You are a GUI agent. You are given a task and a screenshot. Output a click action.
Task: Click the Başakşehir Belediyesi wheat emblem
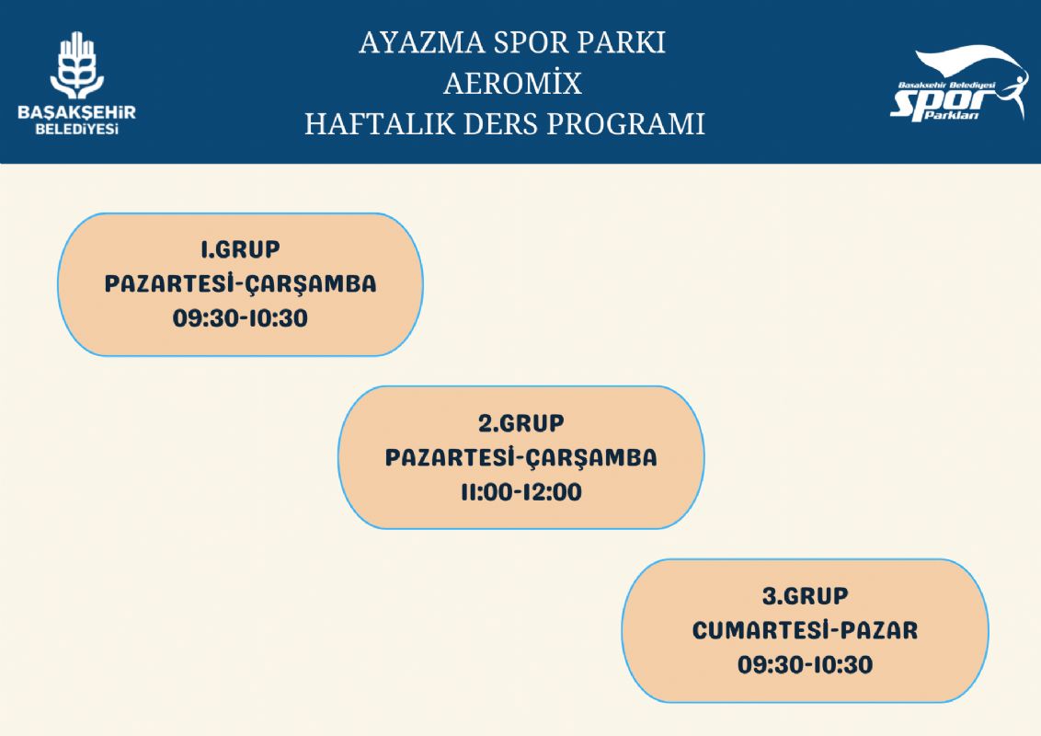coord(77,65)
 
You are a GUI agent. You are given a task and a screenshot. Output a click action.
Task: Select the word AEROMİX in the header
coord(512,84)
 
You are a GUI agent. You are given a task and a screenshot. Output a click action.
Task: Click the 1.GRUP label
coord(240,249)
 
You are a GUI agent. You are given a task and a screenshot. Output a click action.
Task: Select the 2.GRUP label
coord(521,423)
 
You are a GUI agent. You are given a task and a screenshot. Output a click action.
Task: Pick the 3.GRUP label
coord(805,596)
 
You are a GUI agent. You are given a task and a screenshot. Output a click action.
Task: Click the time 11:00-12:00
coord(521,492)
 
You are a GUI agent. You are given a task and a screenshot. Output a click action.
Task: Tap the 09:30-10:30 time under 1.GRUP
coord(240,318)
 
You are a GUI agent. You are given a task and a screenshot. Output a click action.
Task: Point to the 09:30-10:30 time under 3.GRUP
coord(805,665)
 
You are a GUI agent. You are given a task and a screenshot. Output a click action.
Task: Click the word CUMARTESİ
coord(756,629)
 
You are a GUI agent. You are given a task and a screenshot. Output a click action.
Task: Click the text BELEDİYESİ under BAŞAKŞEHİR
coord(77,129)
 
